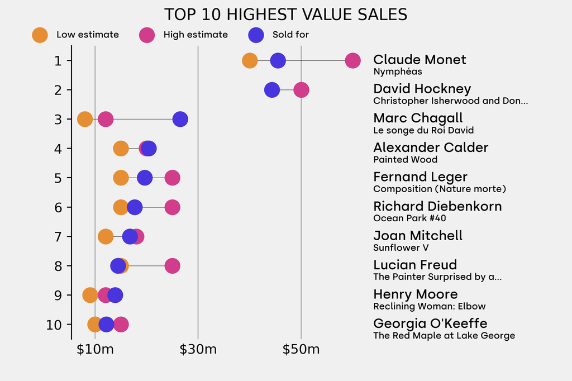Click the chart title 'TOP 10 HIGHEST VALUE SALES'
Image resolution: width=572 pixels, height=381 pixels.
pyautogui.click(x=285, y=15)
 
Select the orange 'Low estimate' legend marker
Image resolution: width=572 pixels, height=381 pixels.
pyautogui.click(x=40, y=35)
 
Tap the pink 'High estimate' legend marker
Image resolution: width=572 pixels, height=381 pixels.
pyautogui.click(x=147, y=35)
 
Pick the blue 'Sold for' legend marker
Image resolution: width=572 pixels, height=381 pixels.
pyautogui.click(x=256, y=35)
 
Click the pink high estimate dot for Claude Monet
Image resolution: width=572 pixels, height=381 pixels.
pyautogui.click(x=352, y=60)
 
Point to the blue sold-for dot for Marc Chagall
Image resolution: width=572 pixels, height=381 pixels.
pyautogui.click(x=180, y=119)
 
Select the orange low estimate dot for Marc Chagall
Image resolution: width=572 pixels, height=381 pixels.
pyautogui.click(x=84, y=119)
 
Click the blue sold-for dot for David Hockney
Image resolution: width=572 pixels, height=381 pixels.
pyautogui.click(x=271, y=90)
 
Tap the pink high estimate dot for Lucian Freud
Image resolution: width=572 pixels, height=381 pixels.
pyautogui.click(x=173, y=266)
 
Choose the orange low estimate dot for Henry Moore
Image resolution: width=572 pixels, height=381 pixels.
pyautogui.click(x=89, y=295)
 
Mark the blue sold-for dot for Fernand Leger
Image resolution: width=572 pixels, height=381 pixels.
pyautogui.click(x=145, y=178)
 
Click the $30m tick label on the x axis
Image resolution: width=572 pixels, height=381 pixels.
pyautogui.click(x=198, y=350)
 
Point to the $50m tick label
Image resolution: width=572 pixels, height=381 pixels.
pyautogui.click(x=301, y=350)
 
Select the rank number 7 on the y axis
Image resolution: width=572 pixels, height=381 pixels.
pyautogui.click(x=58, y=236)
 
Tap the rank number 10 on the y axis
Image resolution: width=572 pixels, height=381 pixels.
pyautogui.click(x=54, y=325)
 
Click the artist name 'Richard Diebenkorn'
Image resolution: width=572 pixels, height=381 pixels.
pyautogui.click(x=437, y=207)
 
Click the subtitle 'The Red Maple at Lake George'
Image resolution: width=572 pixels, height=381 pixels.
pyautogui.click(x=444, y=336)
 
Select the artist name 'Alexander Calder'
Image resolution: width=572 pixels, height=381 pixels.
pyautogui.click(x=431, y=147)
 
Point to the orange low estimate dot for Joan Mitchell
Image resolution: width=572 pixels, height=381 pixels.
pyautogui.click(x=105, y=236)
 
